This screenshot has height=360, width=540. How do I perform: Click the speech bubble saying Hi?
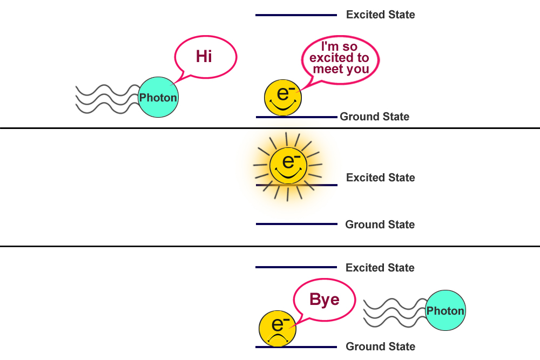pyautogui.click(x=205, y=56)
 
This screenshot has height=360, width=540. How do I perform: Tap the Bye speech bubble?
pyautogui.click(x=324, y=300)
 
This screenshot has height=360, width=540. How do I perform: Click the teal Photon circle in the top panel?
pyautogui.click(x=158, y=98)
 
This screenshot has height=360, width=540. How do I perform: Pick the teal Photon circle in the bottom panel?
pyautogui.click(x=446, y=310)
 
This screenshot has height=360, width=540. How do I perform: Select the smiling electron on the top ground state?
pyautogui.click(x=283, y=97)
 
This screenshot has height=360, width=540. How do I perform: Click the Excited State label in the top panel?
pyautogui.click(x=380, y=15)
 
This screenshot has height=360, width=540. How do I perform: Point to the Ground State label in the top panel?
pyautogui.click(x=374, y=117)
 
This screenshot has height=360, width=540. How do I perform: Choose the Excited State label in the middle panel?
pyautogui.click(x=380, y=178)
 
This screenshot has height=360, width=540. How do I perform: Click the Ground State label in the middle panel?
pyautogui.click(x=380, y=225)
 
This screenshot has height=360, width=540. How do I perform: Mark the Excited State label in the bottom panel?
pyautogui.click(x=380, y=268)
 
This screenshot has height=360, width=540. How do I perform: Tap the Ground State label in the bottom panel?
pyautogui.click(x=380, y=347)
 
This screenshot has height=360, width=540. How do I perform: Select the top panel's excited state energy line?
pyautogui.click(x=296, y=15)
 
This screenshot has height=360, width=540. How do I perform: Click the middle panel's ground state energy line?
pyautogui.click(x=296, y=224)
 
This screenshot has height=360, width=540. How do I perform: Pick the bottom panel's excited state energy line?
pyautogui.click(x=296, y=267)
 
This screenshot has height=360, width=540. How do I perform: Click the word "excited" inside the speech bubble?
pyautogui.click(x=339, y=58)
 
